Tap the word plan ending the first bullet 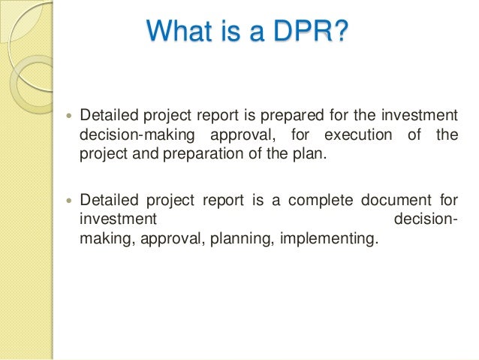[x=312, y=154]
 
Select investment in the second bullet [x=117, y=219]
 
